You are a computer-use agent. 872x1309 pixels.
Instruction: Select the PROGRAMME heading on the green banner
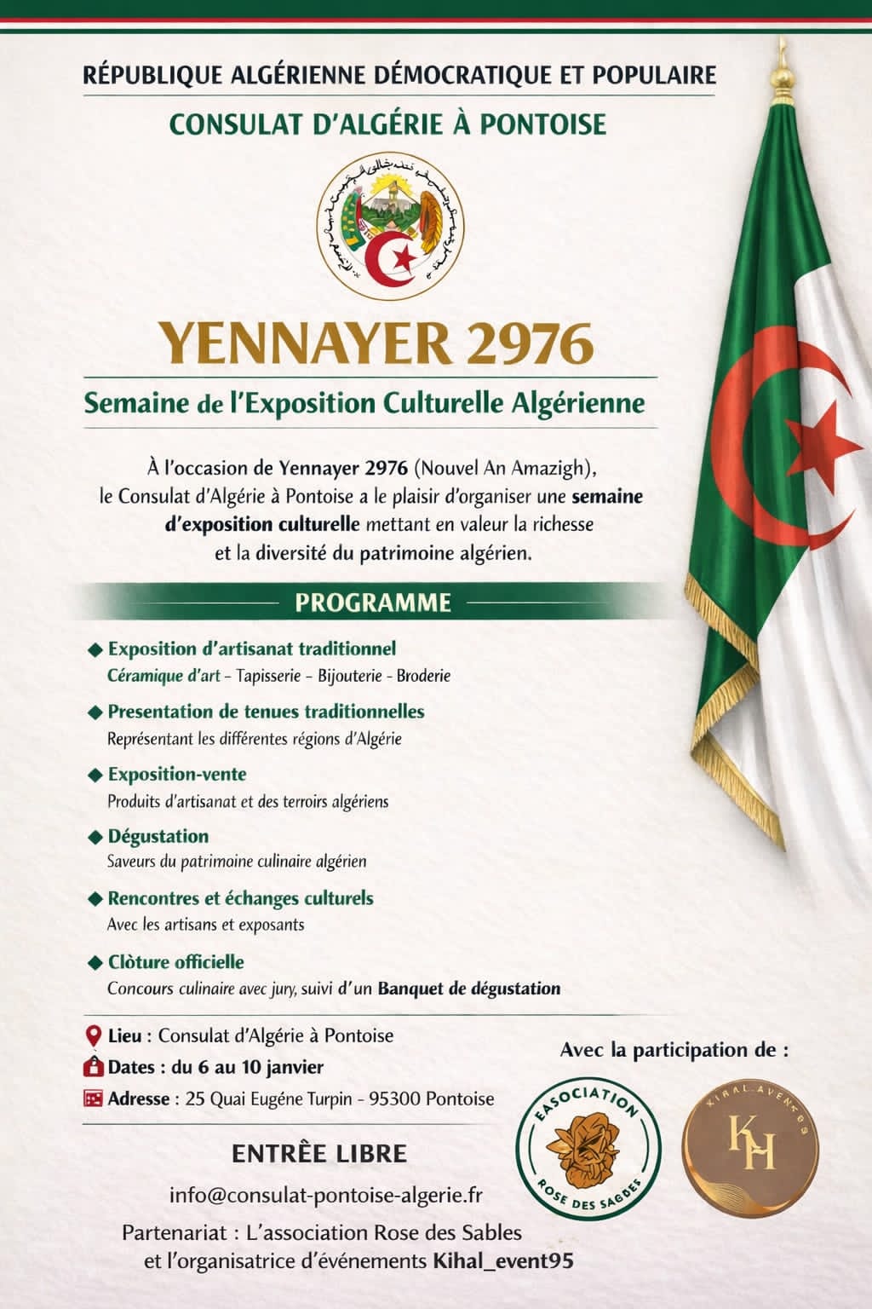[372, 603]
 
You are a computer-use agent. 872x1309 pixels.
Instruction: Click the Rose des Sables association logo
[589, 1156]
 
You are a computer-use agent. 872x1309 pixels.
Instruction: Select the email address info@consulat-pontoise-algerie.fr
[326, 1195]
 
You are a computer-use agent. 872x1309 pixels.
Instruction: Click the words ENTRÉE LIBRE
[319, 1154]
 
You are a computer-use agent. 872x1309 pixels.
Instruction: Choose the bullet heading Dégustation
[158, 836]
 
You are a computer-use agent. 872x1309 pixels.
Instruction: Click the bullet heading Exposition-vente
[176, 774]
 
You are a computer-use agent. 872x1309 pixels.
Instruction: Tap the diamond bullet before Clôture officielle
[95, 962]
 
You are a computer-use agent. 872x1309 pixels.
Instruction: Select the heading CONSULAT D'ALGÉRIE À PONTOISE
[387, 124]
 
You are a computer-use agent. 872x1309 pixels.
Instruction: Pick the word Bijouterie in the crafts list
[349, 676]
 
